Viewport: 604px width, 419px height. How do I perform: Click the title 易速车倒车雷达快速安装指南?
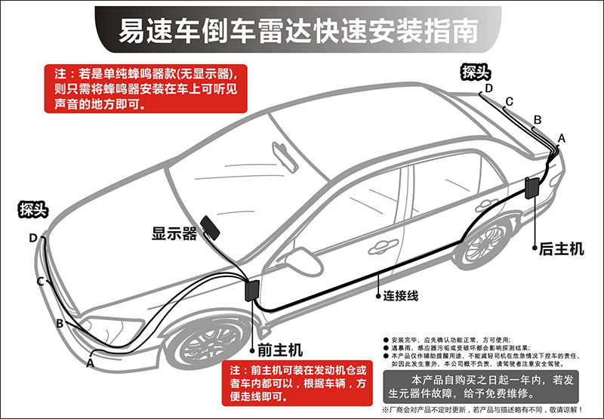pyautogui.click(x=298, y=30)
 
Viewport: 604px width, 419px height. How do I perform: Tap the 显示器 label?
pyautogui.click(x=174, y=233)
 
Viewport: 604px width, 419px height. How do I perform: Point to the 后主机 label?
pyautogui.click(x=561, y=249)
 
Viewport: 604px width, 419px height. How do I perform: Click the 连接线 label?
pyautogui.click(x=401, y=296)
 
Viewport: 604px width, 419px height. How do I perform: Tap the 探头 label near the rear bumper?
pyautogui.click(x=476, y=72)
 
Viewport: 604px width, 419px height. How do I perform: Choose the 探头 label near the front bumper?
pyautogui.click(x=33, y=210)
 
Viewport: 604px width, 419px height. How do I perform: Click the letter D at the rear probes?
pyautogui.click(x=488, y=88)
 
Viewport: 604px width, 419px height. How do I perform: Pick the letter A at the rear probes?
pyautogui.click(x=562, y=138)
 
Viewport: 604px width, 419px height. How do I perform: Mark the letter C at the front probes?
pyautogui.click(x=41, y=282)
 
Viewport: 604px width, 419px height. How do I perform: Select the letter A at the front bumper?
pyautogui.click(x=90, y=363)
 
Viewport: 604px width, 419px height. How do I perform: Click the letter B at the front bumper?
pyautogui.click(x=60, y=323)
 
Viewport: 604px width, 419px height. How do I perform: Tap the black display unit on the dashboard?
pyautogui.click(x=210, y=227)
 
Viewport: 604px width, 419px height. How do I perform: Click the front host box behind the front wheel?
pyautogui.click(x=252, y=291)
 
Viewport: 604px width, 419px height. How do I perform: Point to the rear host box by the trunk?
pyautogui.click(x=532, y=188)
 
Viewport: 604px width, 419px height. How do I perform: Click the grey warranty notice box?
pyautogui.click(x=481, y=387)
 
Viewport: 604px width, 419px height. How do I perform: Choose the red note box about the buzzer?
pyautogui.click(x=146, y=88)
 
